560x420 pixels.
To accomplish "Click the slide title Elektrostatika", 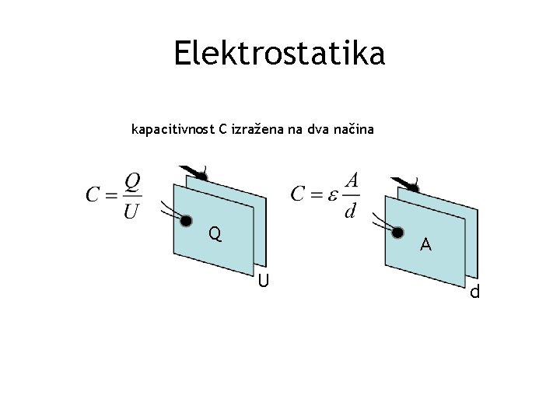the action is pos(279,54).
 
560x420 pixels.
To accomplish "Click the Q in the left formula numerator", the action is pos(133,180).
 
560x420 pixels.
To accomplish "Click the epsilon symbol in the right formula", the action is pos(331,194).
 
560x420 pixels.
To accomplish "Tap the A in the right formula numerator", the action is pos(352,180).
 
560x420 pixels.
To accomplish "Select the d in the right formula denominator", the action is pos(352,210).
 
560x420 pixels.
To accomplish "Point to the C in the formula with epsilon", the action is pos(298,194).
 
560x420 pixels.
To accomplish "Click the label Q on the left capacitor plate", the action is pos(215,233).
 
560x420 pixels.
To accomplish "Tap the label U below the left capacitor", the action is pos(264,280).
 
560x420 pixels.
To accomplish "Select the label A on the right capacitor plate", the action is pos(425,245).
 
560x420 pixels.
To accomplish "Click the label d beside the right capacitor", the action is pos(474,292).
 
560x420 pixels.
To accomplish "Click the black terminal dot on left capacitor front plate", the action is pos(186,220).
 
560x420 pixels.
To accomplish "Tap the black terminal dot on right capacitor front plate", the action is pos(397,231).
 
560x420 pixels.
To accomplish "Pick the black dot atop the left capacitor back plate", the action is pos(201,177).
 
